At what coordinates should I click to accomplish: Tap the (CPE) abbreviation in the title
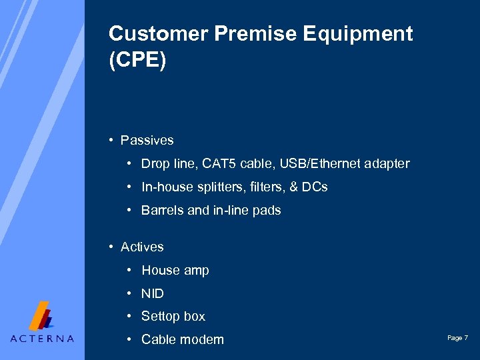(x=137, y=59)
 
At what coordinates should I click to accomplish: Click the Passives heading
(x=147, y=141)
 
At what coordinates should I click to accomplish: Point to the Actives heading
(x=142, y=247)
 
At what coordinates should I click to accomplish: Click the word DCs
(x=314, y=187)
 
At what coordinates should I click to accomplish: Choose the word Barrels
(x=162, y=211)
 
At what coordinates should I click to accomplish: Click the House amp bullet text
(x=175, y=271)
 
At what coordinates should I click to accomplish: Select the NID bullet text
(x=152, y=294)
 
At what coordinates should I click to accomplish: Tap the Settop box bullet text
(x=173, y=317)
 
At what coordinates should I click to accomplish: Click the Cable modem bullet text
(x=182, y=340)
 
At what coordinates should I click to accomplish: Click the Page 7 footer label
(x=457, y=339)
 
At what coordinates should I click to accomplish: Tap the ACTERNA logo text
(x=42, y=338)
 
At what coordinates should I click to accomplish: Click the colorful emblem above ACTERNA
(x=42, y=315)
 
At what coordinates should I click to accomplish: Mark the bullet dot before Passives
(x=111, y=141)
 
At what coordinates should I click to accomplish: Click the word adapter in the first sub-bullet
(x=387, y=164)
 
